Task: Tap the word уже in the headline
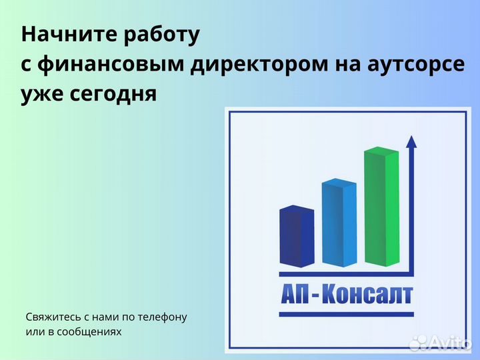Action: point(43,95)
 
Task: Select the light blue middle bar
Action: point(339,223)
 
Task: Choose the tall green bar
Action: point(382,208)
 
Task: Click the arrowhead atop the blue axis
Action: point(411,141)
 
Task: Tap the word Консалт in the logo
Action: point(367,295)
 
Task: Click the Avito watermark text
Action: point(452,343)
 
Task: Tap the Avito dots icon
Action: point(418,343)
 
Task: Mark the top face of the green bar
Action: point(381,151)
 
